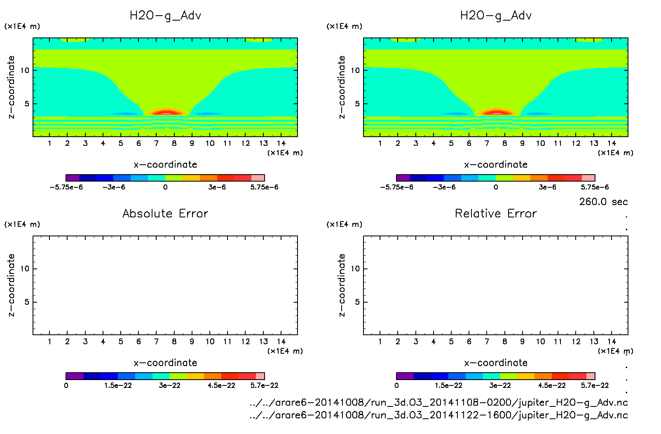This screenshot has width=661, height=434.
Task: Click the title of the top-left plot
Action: pyautogui.click(x=165, y=16)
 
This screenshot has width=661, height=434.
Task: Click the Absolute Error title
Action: pyautogui.click(x=165, y=214)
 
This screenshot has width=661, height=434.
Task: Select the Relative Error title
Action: pyautogui.click(x=496, y=214)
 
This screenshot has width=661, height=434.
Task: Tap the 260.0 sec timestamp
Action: pyautogui.click(x=603, y=202)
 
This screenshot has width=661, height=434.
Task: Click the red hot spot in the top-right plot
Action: pyautogui.click(x=497, y=112)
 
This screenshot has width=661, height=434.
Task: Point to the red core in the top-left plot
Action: pyautogui.click(x=166, y=112)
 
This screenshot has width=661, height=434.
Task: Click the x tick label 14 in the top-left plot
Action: pyautogui.click(x=281, y=143)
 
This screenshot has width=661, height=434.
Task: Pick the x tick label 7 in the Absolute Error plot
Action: pyautogui.click(x=156, y=341)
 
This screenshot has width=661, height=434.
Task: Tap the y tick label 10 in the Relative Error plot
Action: pyautogui.click(x=355, y=269)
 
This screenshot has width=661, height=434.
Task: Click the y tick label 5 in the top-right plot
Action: pyautogui.click(x=357, y=104)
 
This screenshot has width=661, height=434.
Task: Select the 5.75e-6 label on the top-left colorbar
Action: pyautogui.click(x=264, y=187)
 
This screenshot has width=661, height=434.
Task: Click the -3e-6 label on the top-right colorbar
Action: pyautogui.click(x=444, y=187)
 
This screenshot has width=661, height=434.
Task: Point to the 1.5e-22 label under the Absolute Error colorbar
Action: pyautogui.click(x=118, y=385)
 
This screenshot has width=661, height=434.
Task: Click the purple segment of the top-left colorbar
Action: pyautogui.click(x=73, y=178)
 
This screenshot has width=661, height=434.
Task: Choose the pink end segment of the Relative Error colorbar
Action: pyautogui.click(x=591, y=376)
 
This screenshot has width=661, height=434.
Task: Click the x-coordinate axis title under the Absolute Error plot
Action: pyautogui.click(x=165, y=363)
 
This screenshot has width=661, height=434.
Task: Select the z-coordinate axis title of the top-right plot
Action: pyautogui.click(x=342, y=87)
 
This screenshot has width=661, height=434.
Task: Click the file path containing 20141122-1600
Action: pyautogui.click(x=438, y=415)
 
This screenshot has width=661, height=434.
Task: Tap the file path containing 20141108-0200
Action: pyautogui.click(x=438, y=402)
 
